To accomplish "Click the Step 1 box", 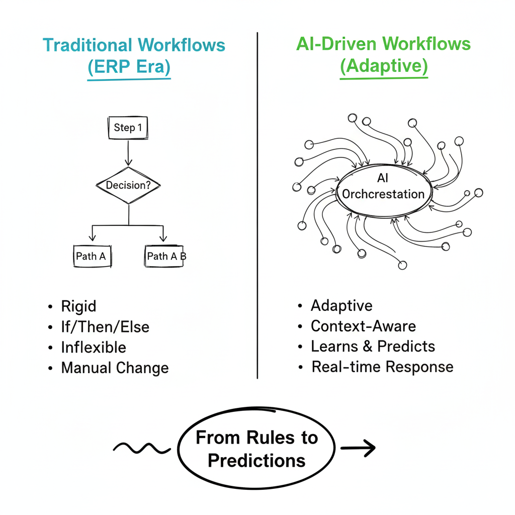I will click(x=129, y=128).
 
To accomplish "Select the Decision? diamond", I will click(x=128, y=185).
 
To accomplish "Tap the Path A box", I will click(x=91, y=256).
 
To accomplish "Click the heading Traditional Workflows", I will click(x=134, y=45).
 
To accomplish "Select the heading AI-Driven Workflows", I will click(x=383, y=44).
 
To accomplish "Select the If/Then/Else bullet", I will click(x=105, y=327).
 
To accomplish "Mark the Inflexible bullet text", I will click(x=93, y=348).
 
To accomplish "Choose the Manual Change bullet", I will click(x=115, y=368).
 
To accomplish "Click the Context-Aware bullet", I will click(x=363, y=326).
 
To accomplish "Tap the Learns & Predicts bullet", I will click(x=373, y=347).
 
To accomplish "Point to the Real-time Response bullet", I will click(x=382, y=367).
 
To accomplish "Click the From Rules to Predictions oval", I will click(x=257, y=449).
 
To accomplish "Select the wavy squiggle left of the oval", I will click(x=141, y=447).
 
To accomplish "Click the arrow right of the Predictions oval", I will click(x=358, y=447).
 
